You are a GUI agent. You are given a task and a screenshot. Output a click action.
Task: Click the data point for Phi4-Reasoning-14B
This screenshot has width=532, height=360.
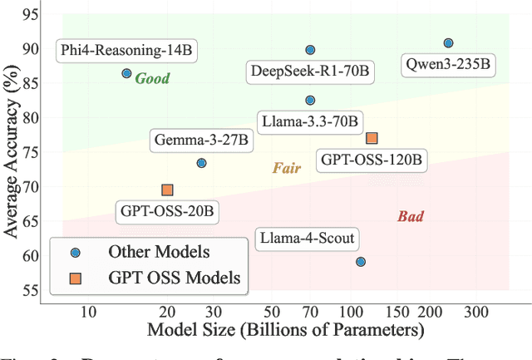tap(126, 73)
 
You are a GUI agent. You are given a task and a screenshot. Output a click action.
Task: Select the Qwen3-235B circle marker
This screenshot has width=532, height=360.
tap(448, 42)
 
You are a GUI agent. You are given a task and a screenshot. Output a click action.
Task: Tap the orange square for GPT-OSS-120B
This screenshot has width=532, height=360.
tap(372, 138)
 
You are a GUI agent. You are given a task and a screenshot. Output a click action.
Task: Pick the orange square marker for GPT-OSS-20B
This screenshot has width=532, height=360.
tap(167, 190)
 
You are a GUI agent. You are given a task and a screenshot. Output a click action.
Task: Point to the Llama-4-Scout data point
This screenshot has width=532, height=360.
tap(361, 262)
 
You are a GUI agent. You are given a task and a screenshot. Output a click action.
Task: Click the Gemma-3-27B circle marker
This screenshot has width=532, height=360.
tap(201, 163)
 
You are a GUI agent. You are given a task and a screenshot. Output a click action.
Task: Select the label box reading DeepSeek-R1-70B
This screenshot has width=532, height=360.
tap(310, 72)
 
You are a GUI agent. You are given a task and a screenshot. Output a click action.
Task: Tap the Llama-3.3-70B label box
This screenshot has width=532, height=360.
tap(308, 121)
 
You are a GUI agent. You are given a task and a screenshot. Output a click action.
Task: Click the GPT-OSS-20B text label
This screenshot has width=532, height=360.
tap(165, 212)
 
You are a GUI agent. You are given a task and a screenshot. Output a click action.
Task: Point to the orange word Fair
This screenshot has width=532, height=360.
tap(286, 168)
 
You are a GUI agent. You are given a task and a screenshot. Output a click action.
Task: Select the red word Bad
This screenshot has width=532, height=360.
tap(410, 217)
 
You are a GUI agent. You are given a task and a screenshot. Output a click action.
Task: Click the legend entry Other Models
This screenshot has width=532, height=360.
tap(159, 252)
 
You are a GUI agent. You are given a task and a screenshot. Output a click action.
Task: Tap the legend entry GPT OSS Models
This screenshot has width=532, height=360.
tap(174, 278)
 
